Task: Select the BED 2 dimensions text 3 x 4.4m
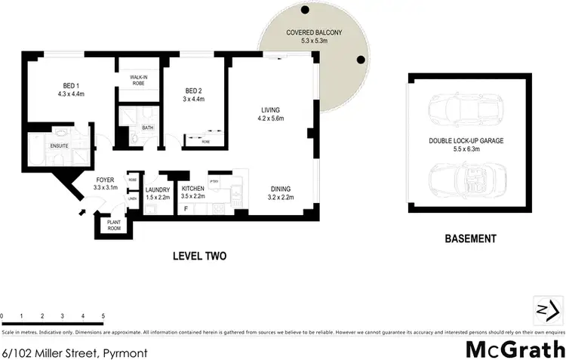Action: [x=194, y=98]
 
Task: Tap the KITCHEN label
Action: [x=193, y=189]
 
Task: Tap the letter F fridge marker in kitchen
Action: [x=186, y=206]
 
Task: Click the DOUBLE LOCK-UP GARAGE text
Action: [x=466, y=141]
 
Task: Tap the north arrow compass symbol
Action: [x=548, y=309]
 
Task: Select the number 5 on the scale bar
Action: [x=103, y=315]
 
